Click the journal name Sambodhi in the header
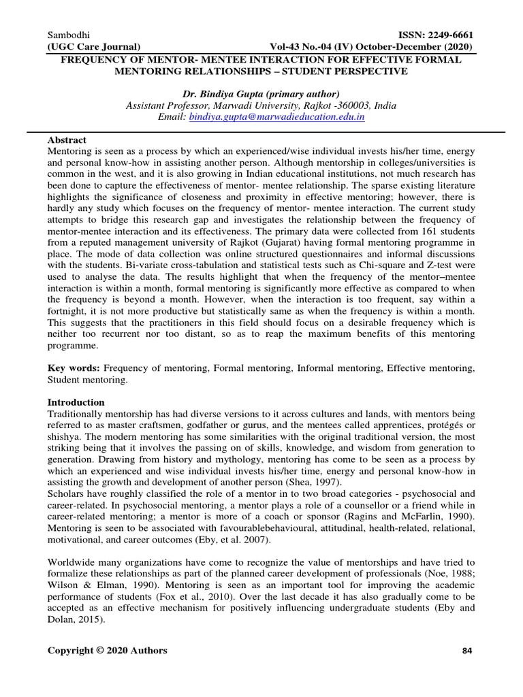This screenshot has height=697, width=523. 69,35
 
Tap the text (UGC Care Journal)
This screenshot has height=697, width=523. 94,47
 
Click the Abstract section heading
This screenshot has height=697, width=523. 67,139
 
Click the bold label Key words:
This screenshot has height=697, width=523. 74,368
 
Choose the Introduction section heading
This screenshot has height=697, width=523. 76,402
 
